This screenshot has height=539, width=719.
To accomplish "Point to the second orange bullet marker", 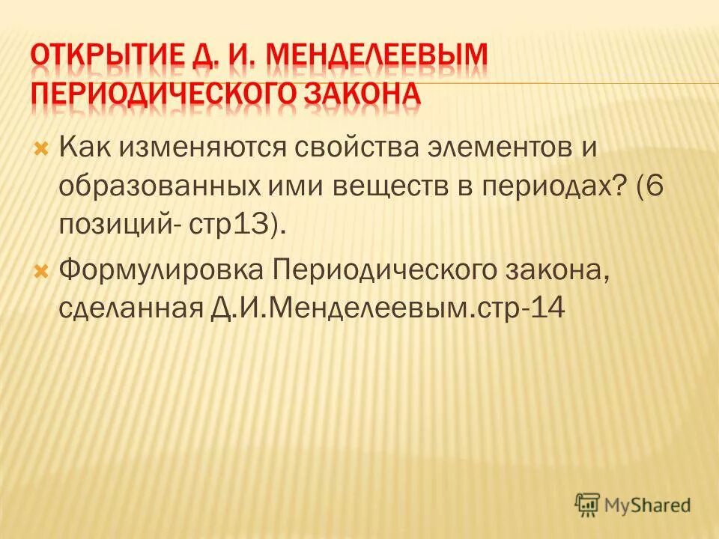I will coord(42,269).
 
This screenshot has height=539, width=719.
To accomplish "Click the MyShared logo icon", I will coord(587,505).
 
